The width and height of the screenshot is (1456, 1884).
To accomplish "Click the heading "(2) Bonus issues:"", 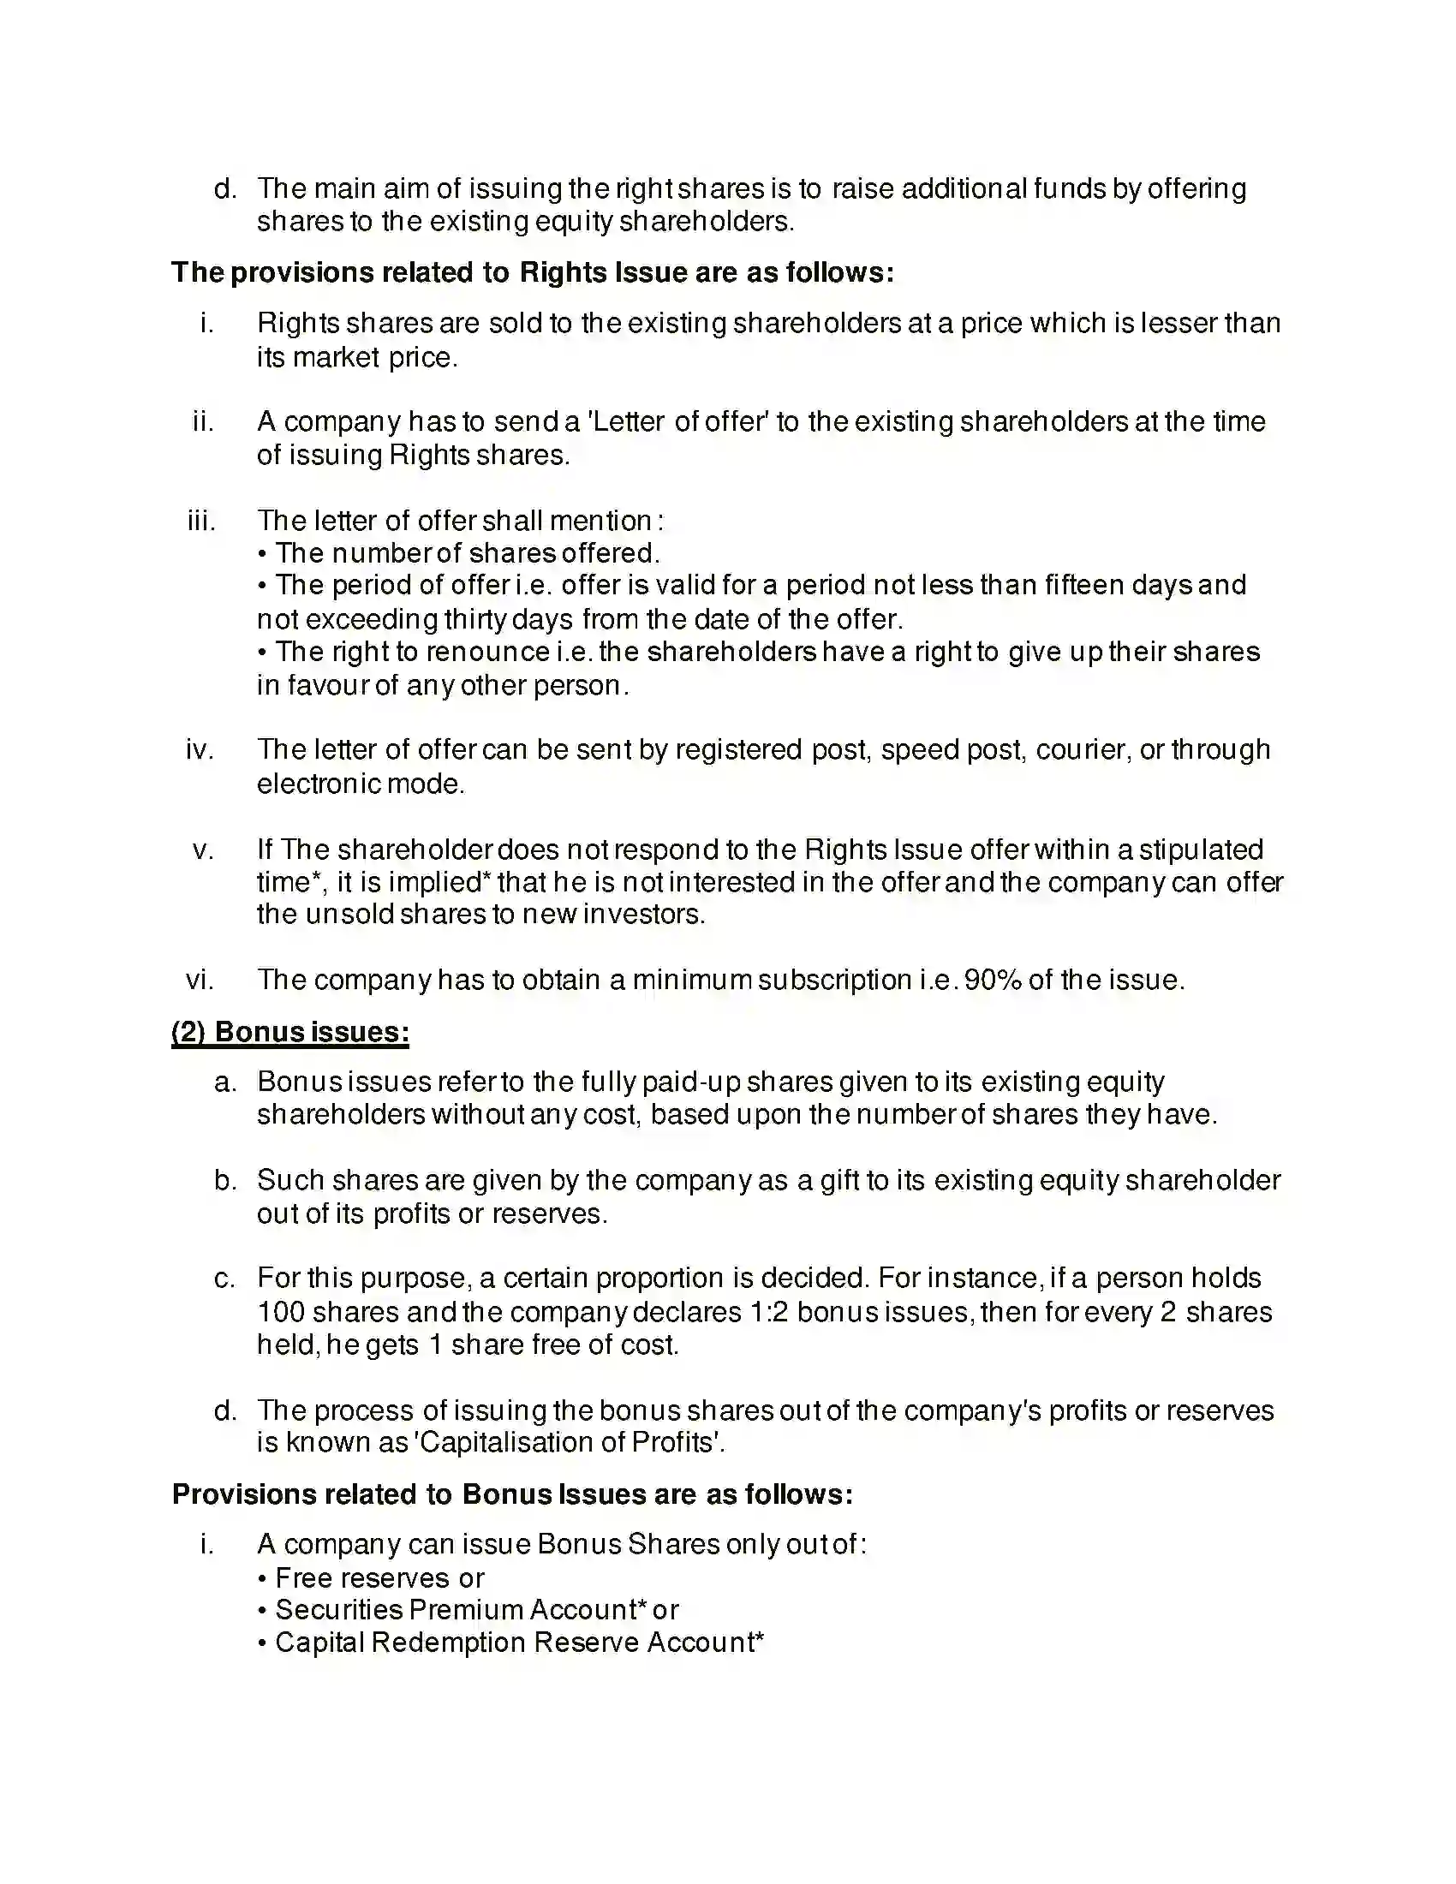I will (289, 1032).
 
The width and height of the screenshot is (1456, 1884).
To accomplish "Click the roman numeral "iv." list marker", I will (200, 749).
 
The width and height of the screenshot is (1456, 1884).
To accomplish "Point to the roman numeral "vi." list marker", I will (200, 980).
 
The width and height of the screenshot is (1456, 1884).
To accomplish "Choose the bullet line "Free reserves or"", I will (379, 1578).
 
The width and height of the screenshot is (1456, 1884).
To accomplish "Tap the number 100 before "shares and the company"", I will (280, 1312).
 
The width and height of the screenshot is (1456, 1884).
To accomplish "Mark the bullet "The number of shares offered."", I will (467, 553).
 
